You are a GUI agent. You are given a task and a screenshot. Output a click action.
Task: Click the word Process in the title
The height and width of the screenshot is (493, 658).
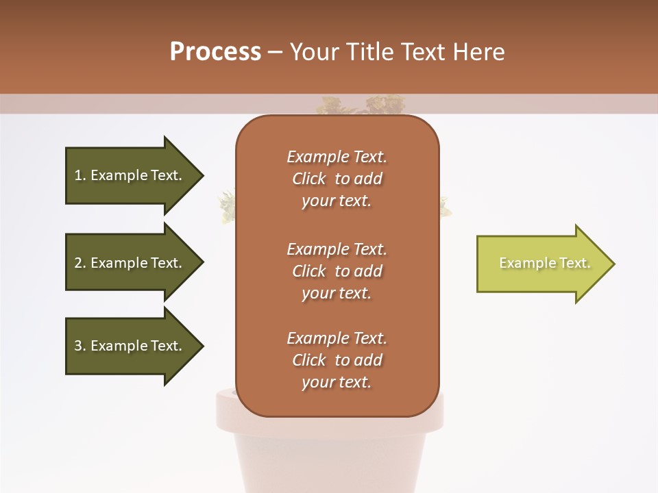tap(215, 52)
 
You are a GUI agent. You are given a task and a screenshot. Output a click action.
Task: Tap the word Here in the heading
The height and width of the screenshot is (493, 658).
tap(479, 52)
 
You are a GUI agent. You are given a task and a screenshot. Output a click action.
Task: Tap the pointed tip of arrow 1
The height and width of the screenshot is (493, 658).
tap(202, 175)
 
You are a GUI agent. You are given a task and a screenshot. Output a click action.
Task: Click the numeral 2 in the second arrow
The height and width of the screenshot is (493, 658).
tap(78, 263)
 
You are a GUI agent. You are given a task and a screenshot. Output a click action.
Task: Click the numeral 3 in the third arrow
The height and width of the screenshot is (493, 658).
tap(78, 346)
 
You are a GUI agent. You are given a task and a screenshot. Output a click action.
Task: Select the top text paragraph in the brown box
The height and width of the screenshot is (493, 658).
tap(337, 179)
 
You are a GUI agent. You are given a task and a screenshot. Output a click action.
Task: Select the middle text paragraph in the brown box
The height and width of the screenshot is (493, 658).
tap(337, 271)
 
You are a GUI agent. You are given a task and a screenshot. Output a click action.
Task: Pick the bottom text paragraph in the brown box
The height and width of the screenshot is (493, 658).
tap(337, 360)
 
